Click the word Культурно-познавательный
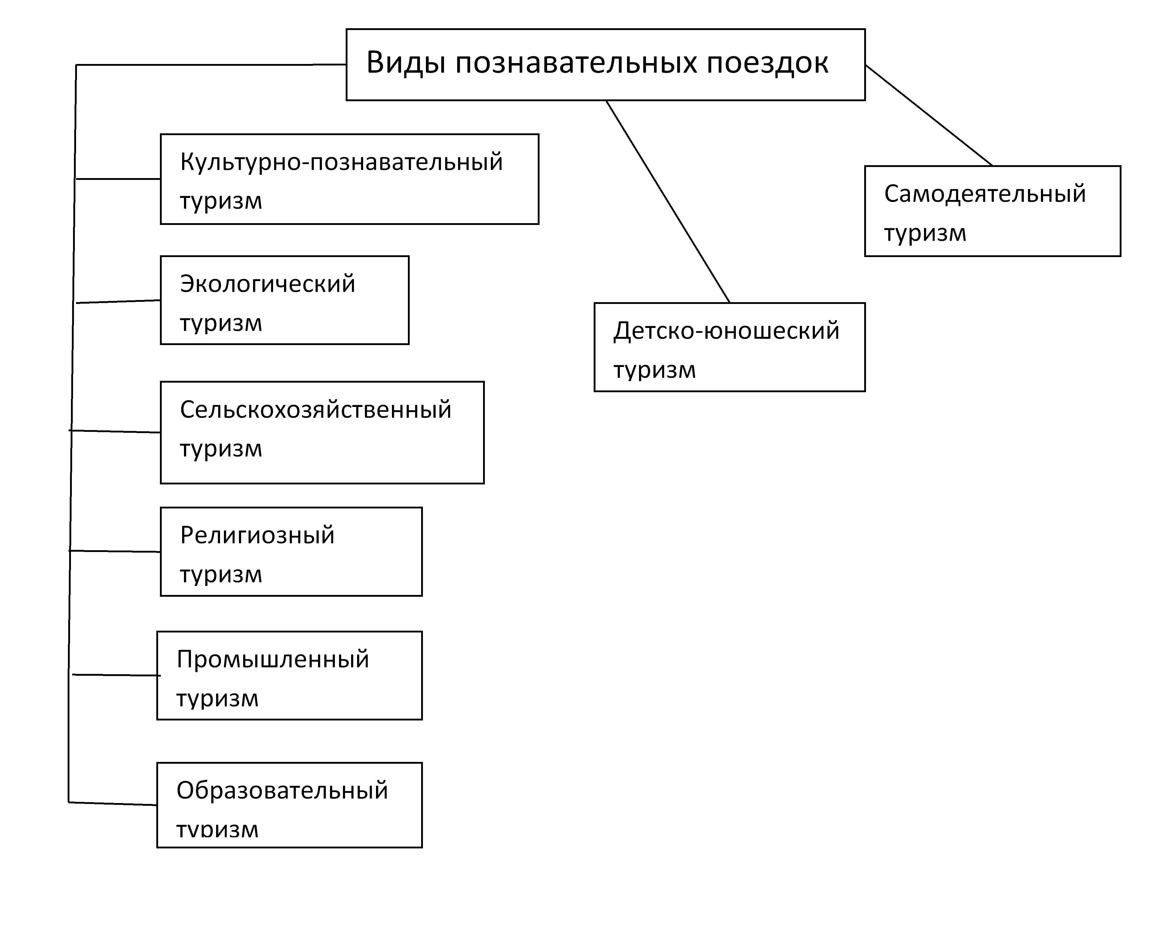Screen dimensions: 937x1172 (x=341, y=162)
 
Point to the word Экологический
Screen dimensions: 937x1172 (x=268, y=284)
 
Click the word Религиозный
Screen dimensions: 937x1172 (x=257, y=535)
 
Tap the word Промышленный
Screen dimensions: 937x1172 (x=273, y=660)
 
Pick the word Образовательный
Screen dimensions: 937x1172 (x=282, y=791)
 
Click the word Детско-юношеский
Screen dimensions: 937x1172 (x=726, y=331)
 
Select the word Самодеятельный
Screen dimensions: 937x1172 (x=984, y=194)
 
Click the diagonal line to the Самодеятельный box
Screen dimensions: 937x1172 (x=929, y=115)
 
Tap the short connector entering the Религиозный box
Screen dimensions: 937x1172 (x=115, y=551)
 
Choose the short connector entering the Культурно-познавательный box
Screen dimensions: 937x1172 (x=118, y=178)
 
